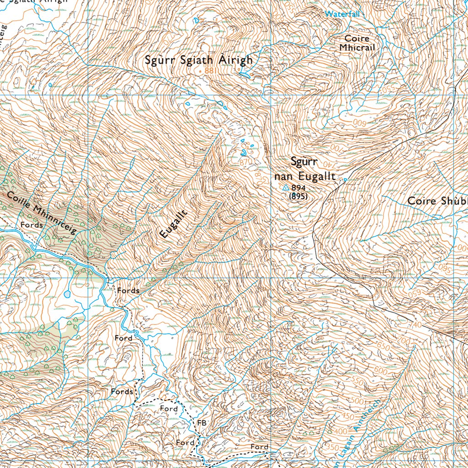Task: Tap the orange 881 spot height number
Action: click(210, 71)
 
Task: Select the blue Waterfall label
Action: click(342, 14)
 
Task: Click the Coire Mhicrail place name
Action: click(357, 43)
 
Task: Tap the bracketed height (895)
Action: click(298, 196)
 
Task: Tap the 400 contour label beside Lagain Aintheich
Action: click(340, 431)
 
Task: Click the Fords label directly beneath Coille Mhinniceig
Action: click(32, 225)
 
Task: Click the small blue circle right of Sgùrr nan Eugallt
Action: click(345, 180)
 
